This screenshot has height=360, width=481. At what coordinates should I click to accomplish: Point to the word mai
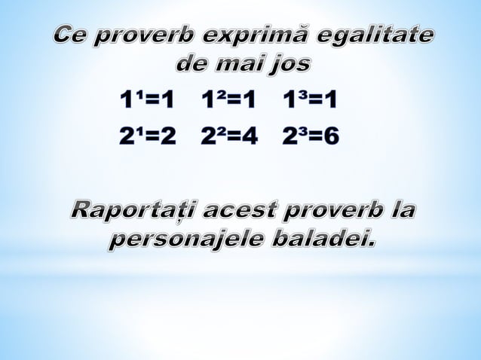point(242,63)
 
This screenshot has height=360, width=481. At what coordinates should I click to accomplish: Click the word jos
point(289,65)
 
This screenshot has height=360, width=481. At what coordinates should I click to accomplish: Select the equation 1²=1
point(228,99)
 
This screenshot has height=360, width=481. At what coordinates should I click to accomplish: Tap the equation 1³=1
point(309,99)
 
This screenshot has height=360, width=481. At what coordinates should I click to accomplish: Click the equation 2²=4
point(228,136)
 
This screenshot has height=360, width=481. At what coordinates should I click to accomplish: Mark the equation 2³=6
point(310,136)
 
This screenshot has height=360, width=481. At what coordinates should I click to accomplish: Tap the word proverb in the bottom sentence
point(331,211)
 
